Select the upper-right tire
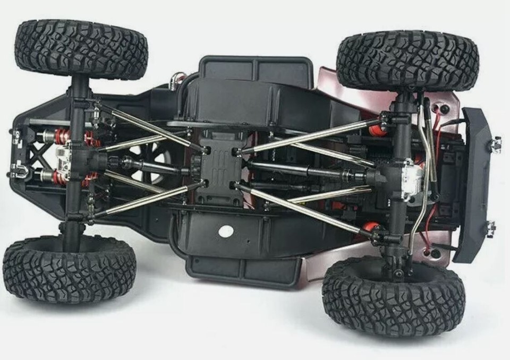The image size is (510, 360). tap(407, 59)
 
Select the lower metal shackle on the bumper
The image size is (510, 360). tap(490, 228)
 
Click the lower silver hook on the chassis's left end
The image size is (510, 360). tap(19, 170)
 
